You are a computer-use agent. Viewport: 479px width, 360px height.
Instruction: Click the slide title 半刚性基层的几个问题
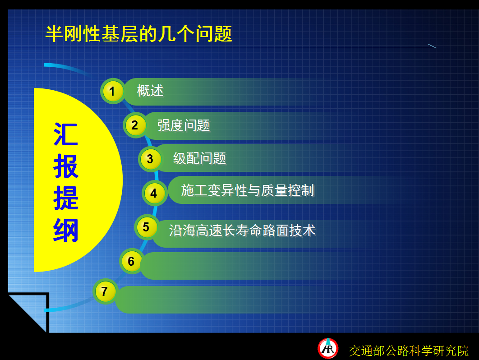138,34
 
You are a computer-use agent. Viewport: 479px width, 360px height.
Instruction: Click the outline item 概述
150,91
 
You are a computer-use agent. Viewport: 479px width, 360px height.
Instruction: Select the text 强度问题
184,125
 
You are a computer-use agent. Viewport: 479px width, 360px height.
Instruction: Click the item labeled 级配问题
200,158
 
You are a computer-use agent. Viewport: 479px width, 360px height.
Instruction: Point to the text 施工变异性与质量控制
248,190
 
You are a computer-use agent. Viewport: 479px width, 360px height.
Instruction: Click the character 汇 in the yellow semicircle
66,134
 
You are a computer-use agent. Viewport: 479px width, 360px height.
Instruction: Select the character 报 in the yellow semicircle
66,166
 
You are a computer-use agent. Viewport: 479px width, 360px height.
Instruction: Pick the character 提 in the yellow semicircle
66,198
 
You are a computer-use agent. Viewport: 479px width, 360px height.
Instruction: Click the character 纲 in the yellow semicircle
66,230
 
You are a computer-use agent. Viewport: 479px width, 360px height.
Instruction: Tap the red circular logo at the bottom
328,348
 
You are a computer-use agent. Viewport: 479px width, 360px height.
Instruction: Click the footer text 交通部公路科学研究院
409,351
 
